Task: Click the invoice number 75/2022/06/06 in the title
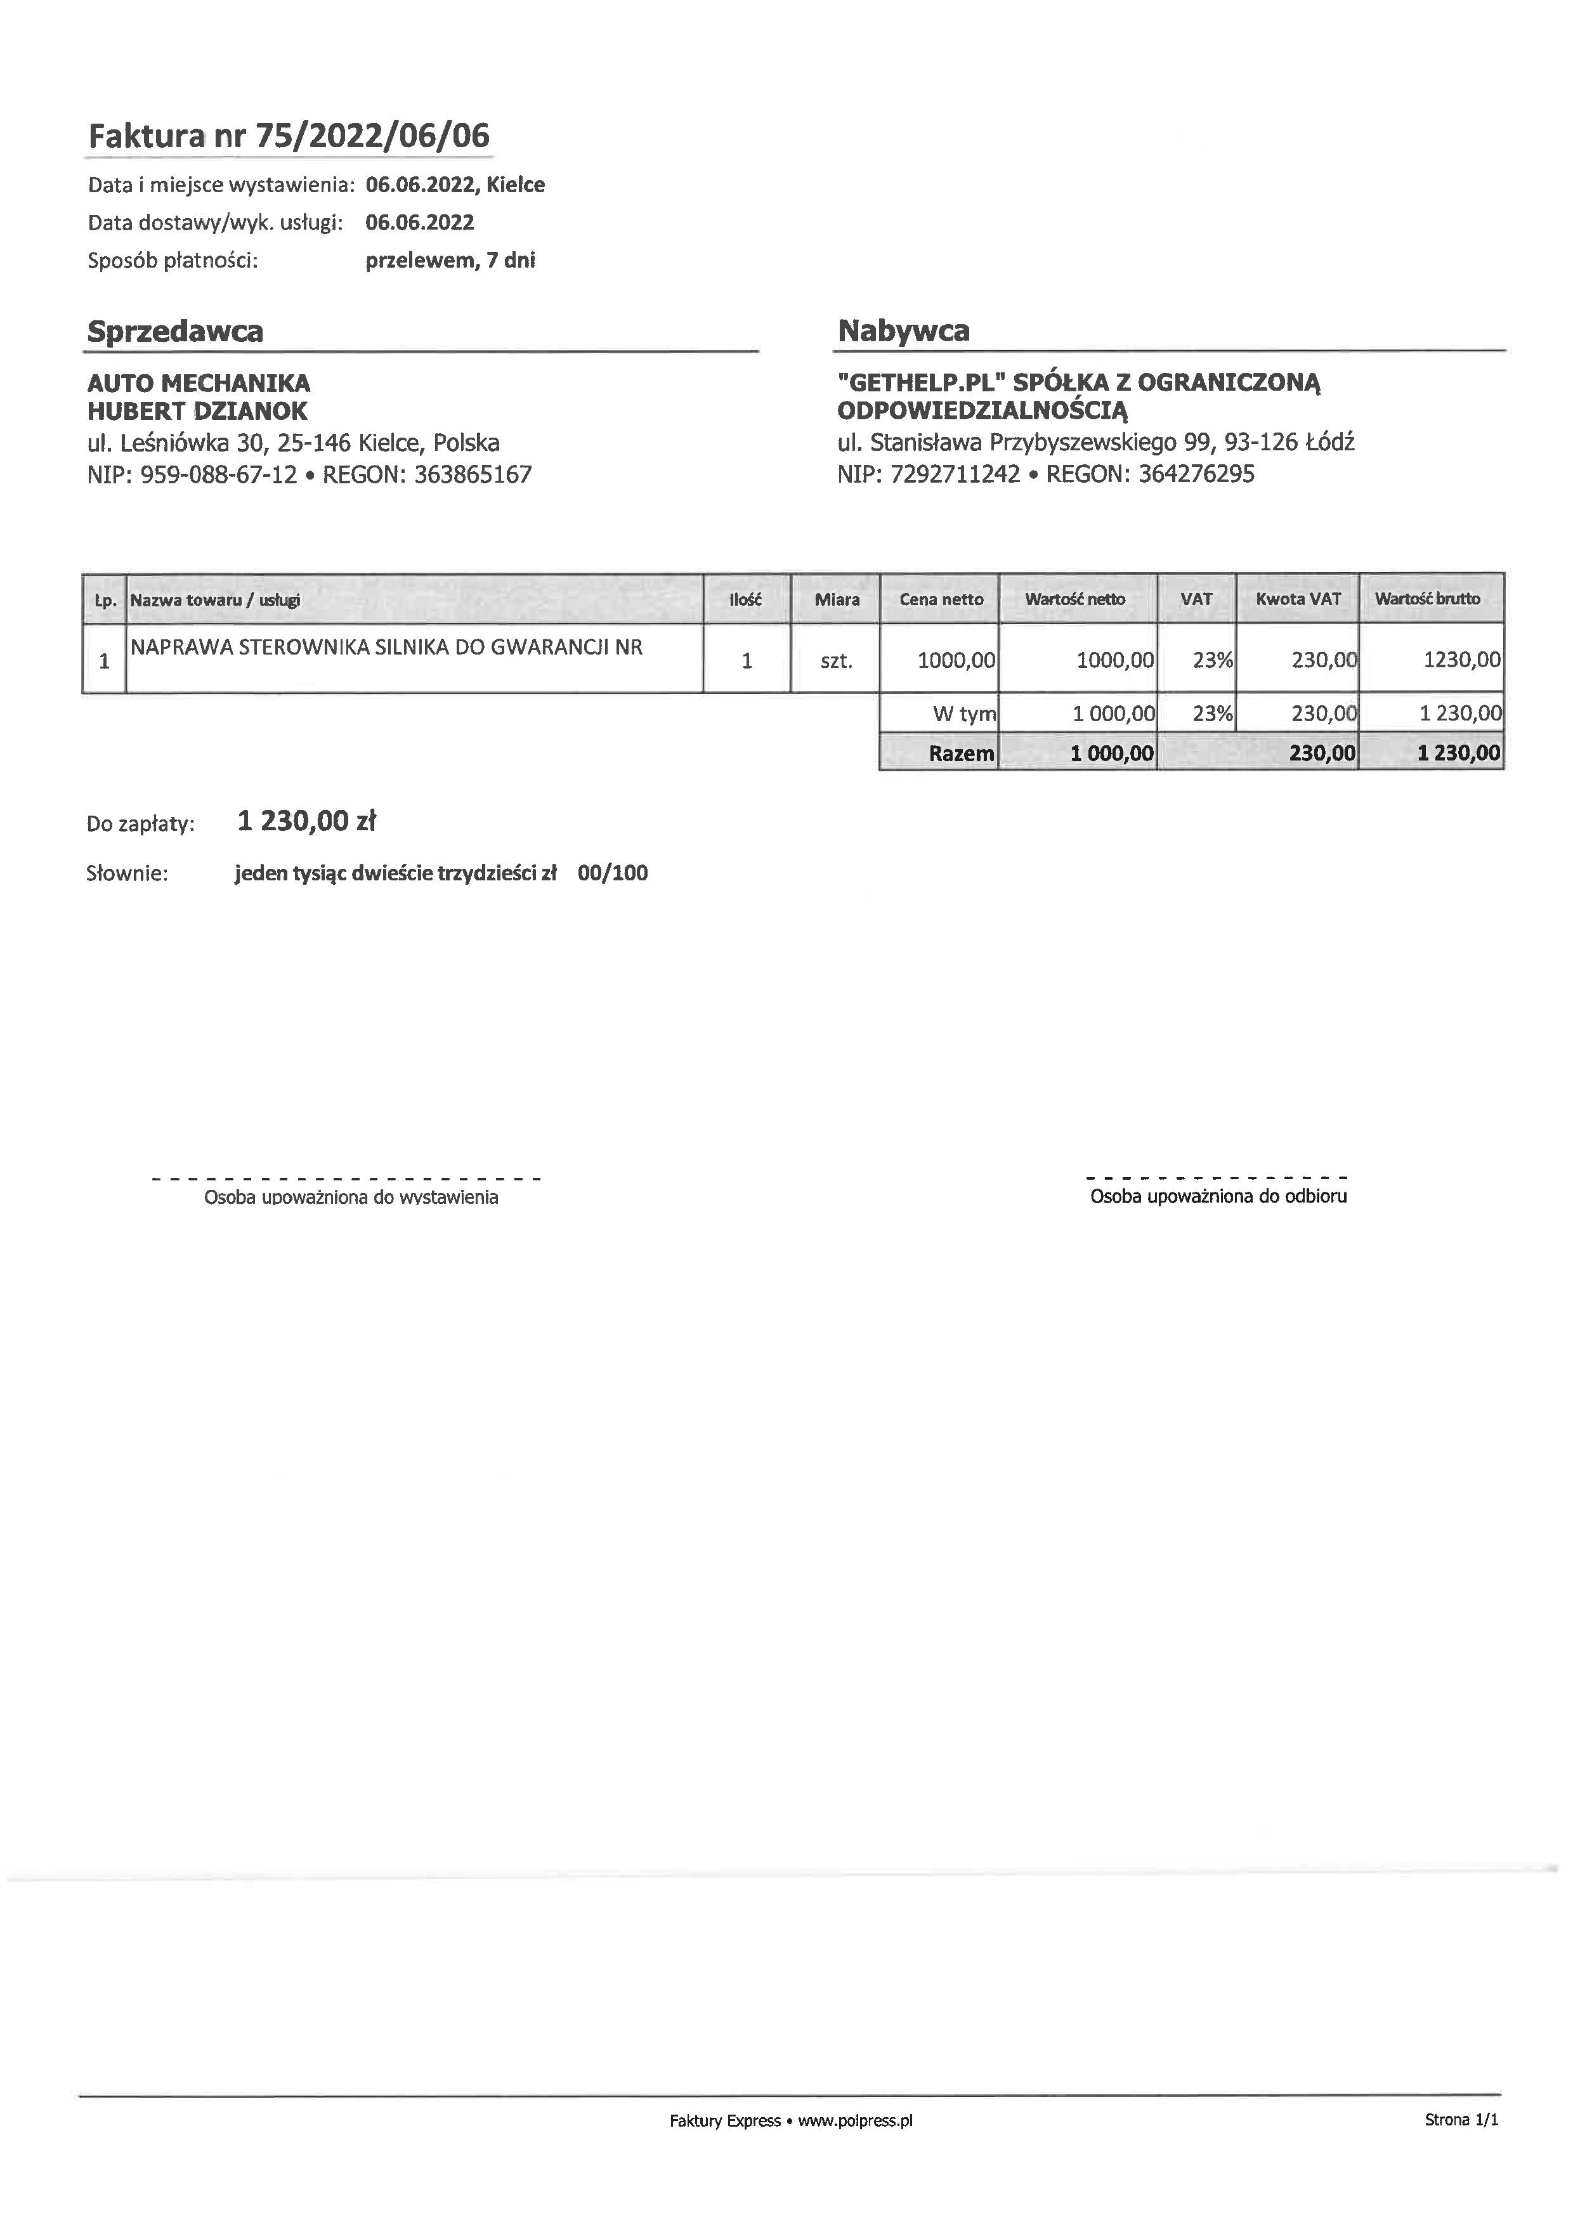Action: pos(372,136)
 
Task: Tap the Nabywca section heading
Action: pos(903,332)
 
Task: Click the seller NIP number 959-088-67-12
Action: pos(219,475)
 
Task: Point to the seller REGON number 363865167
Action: pos(473,475)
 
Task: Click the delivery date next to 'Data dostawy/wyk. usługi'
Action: pos(420,223)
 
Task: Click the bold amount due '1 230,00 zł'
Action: pos(306,822)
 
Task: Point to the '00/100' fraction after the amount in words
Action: pos(613,873)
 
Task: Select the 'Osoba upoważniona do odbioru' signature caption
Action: pos(1218,1197)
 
